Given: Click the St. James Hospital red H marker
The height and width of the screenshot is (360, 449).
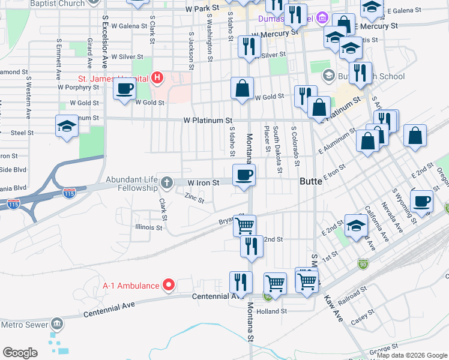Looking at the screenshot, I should point(157,77).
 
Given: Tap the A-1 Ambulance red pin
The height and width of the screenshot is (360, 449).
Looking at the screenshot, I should point(169,285).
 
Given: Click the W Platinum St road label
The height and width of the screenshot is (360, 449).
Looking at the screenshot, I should point(208,121).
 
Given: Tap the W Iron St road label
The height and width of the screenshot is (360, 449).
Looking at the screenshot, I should point(203,182).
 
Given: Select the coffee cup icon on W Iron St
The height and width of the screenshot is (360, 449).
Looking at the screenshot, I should point(244,175).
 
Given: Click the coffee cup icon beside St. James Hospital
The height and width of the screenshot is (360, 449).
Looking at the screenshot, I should point(125,89).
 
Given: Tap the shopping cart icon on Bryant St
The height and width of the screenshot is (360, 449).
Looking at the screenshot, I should point(245,226).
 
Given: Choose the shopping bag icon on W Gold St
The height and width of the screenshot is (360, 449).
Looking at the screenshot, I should point(242,88).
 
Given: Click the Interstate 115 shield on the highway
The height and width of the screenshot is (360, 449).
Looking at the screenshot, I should point(69,193).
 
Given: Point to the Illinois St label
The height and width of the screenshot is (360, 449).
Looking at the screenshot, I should point(149,228).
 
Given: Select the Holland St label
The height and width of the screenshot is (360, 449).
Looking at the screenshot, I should point(272,311).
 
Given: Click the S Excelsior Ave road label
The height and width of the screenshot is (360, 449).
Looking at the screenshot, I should point(104,48).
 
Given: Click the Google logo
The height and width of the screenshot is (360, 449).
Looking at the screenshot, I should point(20,353).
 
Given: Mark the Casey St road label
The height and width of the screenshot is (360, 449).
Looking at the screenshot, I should point(362,317).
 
